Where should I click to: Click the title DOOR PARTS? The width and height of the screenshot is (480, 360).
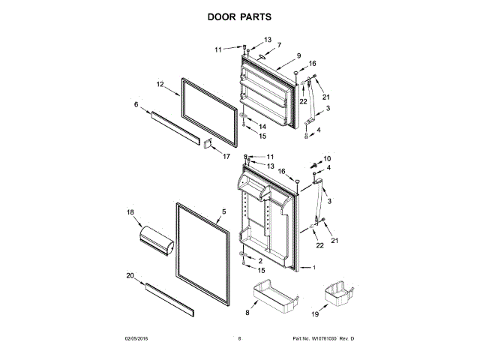(x=239, y=16)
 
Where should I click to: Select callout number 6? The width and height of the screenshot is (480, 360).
(x=136, y=104)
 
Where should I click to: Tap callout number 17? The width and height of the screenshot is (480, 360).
(x=226, y=156)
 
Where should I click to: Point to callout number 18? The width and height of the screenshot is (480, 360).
(x=131, y=214)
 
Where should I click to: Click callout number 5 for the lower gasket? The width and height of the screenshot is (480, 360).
(x=223, y=212)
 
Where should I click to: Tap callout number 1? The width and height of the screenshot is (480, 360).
(x=315, y=268)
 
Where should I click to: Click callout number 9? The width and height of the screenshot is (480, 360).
(x=298, y=56)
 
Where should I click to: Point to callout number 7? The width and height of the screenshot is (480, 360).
(x=279, y=45)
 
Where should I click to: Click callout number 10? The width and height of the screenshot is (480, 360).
(x=327, y=158)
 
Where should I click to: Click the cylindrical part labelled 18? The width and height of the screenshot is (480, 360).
(x=157, y=241)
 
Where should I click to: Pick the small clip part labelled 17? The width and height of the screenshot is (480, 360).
(x=209, y=142)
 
